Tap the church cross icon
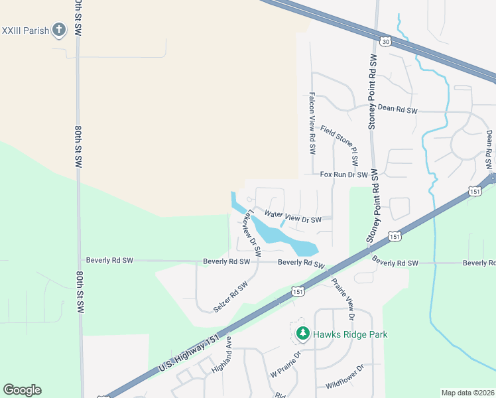tap(60, 29)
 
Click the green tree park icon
tap(302, 333)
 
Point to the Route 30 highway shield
tap(385, 41)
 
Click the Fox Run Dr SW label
tap(343, 174)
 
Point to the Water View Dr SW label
tap(292, 216)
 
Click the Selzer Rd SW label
tap(230, 297)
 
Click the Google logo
tap(22, 390)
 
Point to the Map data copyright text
tap(467, 393)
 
